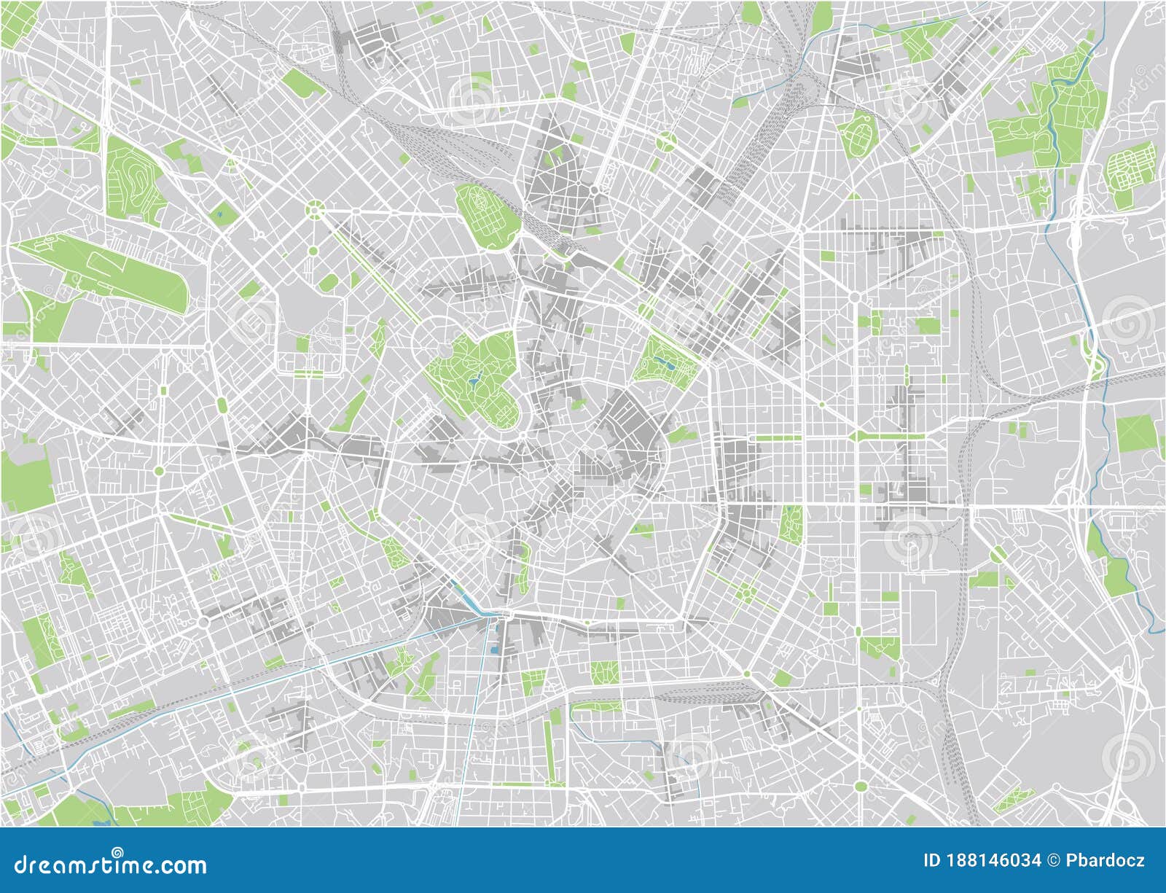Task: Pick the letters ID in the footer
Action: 932,861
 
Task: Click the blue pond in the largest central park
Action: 474,378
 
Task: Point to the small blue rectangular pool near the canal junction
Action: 494,648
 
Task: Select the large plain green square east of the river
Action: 1135,434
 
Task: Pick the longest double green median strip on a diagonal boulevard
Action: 375,270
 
